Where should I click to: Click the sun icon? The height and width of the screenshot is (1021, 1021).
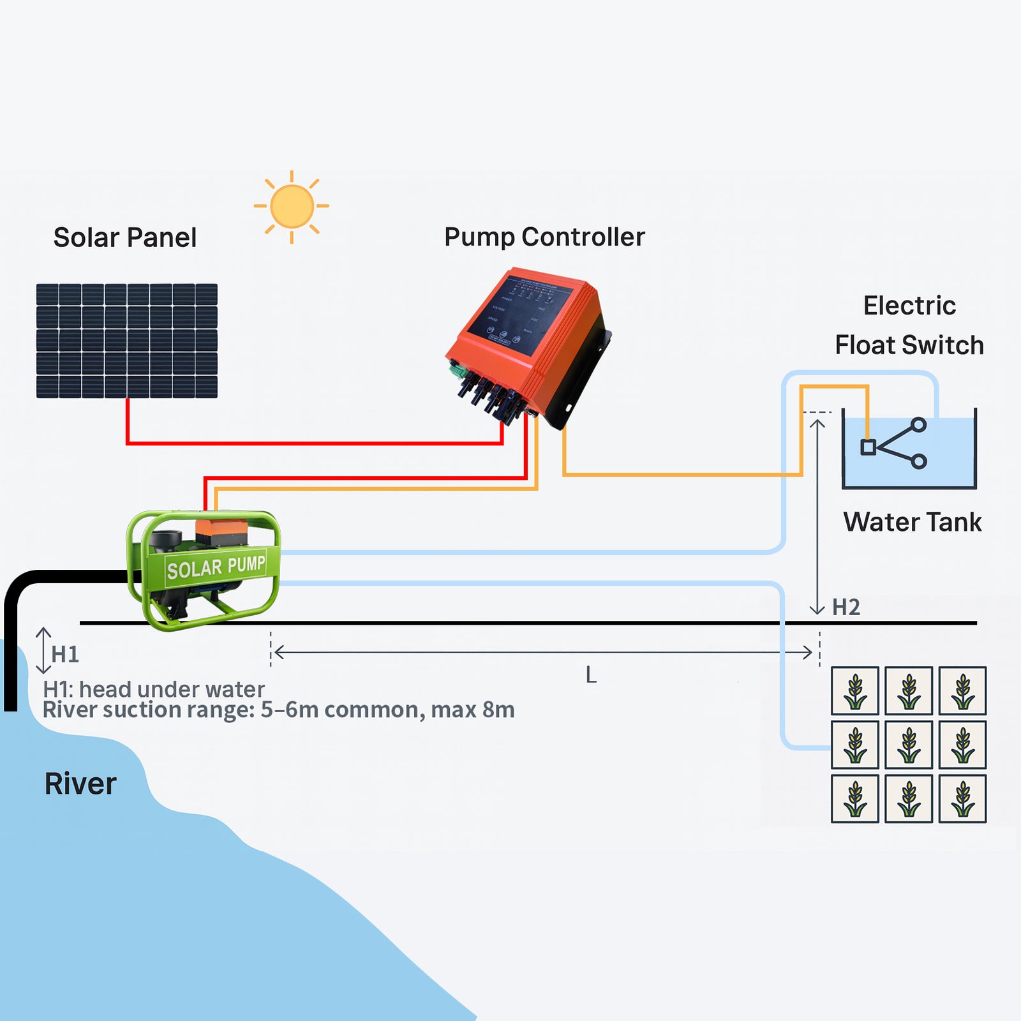[292, 206]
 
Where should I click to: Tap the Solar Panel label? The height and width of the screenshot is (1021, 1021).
[125, 237]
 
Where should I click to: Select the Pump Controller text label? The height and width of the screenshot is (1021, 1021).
[544, 237]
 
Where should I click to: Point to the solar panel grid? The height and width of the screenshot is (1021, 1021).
[127, 341]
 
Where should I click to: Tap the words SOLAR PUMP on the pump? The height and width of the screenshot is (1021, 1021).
[216, 567]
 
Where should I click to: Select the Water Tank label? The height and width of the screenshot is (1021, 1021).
[912, 522]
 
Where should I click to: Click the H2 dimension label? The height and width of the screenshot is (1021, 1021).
[846, 607]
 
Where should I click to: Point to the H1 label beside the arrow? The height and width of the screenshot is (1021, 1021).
[65, 654]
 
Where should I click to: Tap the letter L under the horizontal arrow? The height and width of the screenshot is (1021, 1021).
[591, 675]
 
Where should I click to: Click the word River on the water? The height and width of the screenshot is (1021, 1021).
[80, 784]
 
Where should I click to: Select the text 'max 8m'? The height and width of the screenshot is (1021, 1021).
[473, 710]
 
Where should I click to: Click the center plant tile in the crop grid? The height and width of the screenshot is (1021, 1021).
[909, 745]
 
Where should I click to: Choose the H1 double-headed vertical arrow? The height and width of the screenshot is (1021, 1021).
[43, 651]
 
